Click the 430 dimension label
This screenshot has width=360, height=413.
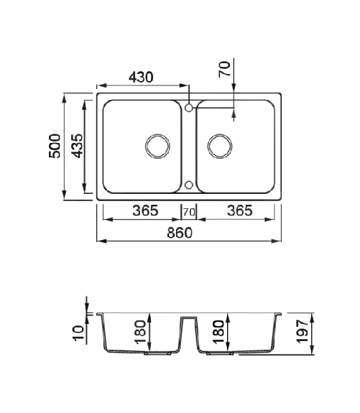(141, 77)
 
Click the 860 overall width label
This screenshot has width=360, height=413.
(185, 232)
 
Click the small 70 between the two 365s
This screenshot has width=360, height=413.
(189, 212)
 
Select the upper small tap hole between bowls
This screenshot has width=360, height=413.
(188, 108)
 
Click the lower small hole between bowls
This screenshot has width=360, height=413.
(188, 184)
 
